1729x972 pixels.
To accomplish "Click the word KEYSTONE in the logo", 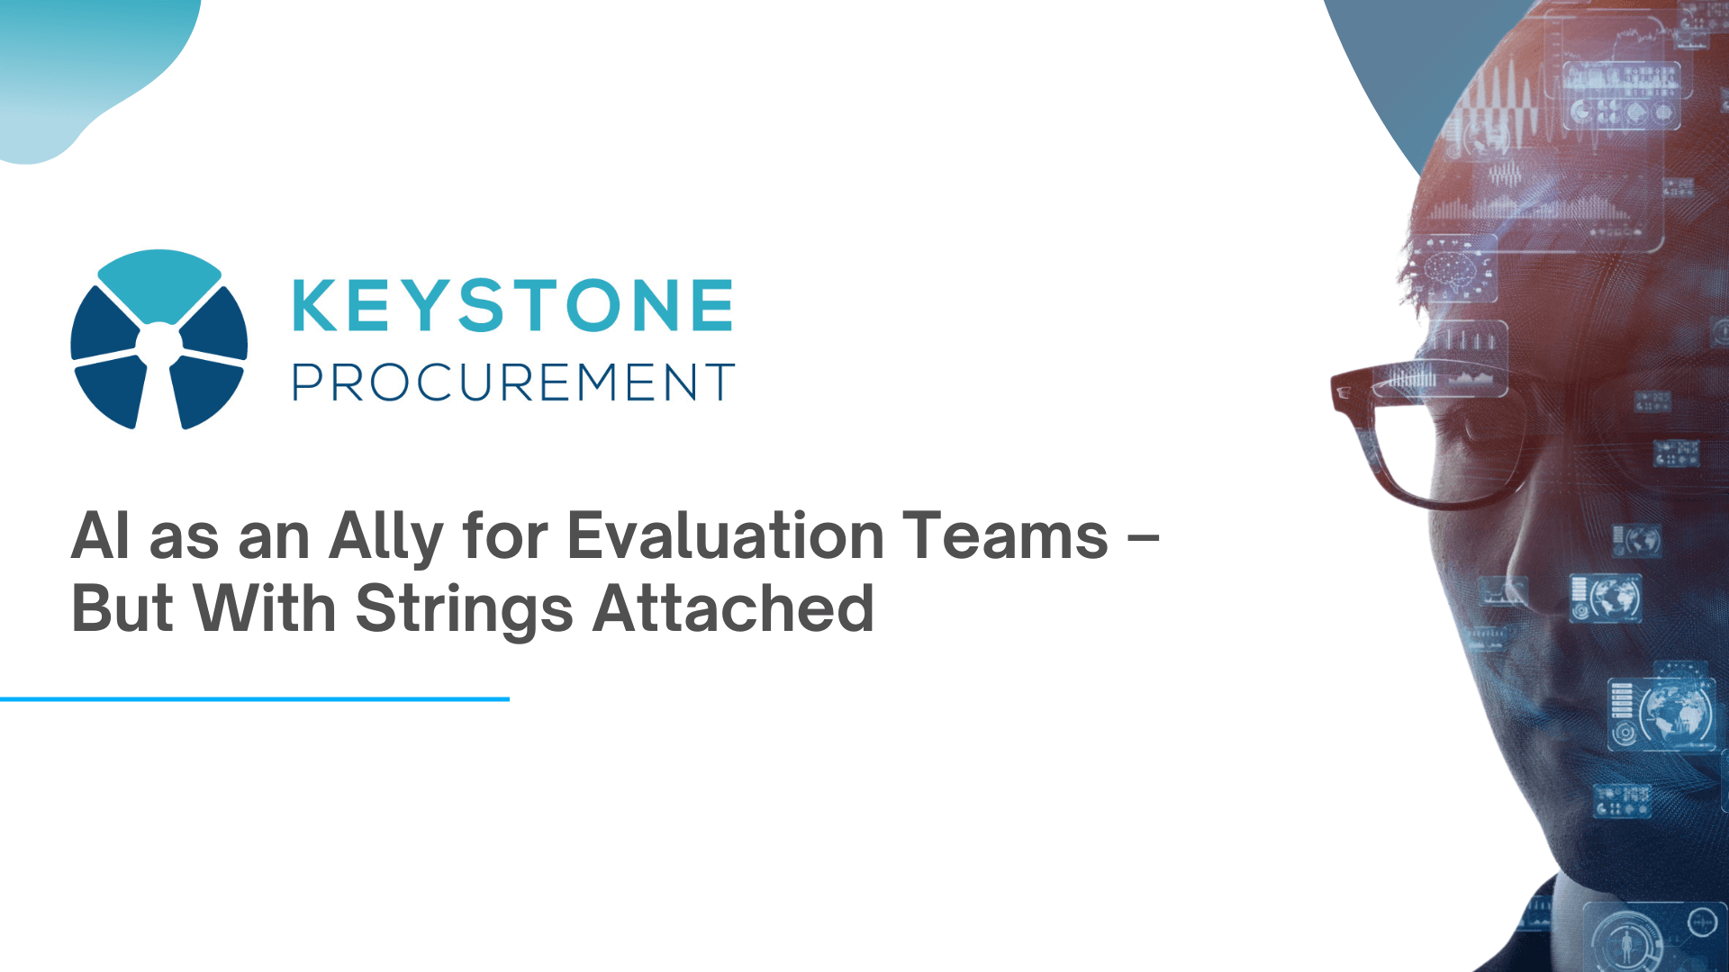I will (513, 306).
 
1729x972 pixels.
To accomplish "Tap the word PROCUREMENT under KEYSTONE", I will (513, 382).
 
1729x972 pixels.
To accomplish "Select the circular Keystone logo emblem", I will (159, 339).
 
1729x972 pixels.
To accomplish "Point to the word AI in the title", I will (101, 536).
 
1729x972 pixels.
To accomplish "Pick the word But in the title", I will (122, 609).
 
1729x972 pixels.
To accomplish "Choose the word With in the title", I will (266, 609).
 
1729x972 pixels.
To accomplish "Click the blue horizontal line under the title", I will (255, 698).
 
